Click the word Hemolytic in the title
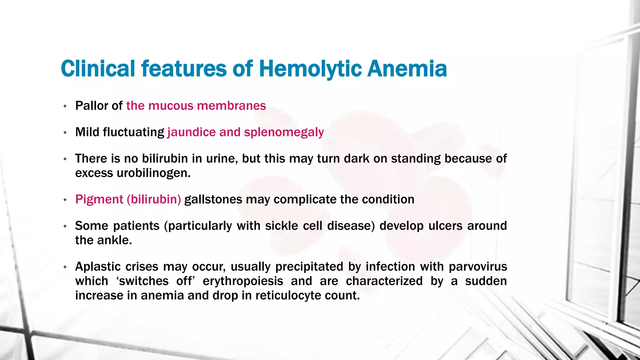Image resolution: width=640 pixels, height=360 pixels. point(310,68)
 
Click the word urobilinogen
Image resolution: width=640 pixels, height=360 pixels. point(153,173)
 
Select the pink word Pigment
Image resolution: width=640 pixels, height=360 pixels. point(99,199)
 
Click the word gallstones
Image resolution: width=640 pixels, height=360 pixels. point(213,199)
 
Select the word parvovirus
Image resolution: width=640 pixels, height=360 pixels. point(478,267)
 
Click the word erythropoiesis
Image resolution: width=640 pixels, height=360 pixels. point(243,281)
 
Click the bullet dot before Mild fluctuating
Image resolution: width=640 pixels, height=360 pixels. point(65,133)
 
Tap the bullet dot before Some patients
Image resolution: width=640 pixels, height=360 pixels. point(65,226)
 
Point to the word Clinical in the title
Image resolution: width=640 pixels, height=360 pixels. point(98,68)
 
